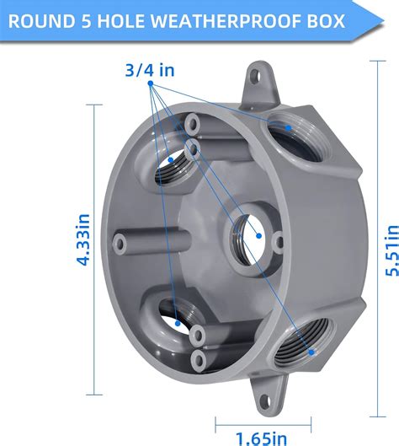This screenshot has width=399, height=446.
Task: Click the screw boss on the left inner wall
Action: point(123,243)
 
